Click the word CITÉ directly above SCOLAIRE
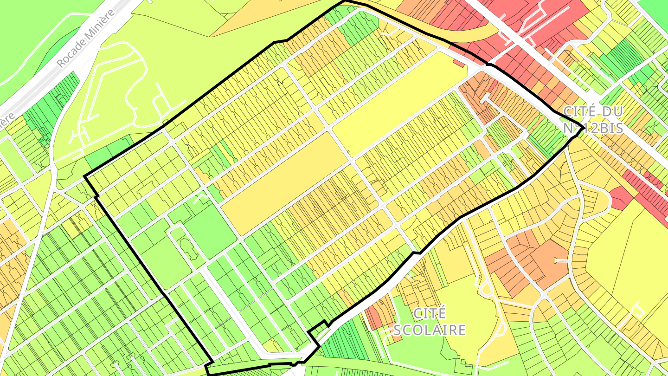429,313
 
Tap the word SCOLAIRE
429,330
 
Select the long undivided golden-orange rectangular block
284,183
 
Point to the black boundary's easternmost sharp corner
583,127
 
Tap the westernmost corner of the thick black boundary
84,176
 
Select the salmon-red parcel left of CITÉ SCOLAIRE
373,316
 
